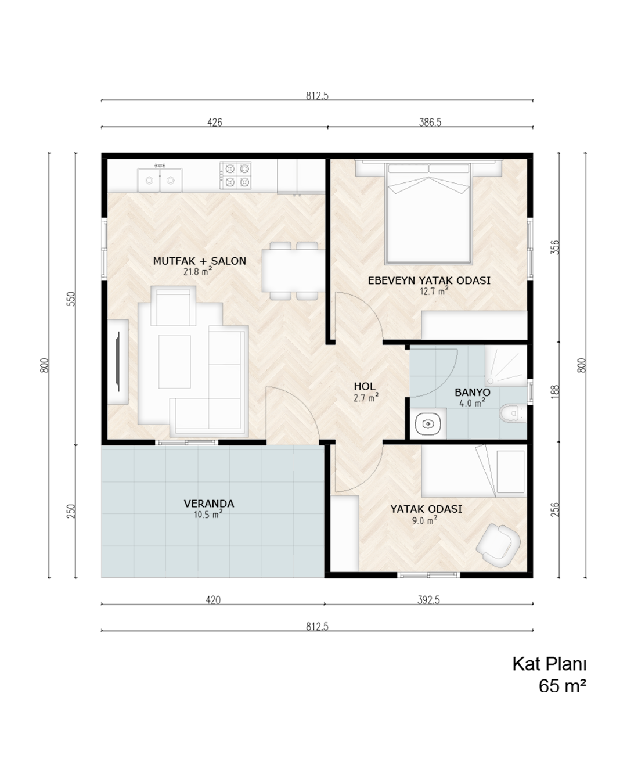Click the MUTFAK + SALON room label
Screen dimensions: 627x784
coord(199,261)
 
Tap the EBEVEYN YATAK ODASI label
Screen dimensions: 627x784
coord(429,280)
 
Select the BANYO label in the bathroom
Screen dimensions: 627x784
coord(472,393)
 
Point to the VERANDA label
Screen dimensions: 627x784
coord(209,504)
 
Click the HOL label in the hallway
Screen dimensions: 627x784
coord(365,386)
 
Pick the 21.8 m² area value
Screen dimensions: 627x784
coord(197,271)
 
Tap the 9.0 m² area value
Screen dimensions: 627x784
coord(424,520)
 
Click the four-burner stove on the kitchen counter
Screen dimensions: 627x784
coord(235,175)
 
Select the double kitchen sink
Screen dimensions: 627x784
coord(160,180)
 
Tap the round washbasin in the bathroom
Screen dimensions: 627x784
coord(428,424)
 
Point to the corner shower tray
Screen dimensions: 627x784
coord(506,366)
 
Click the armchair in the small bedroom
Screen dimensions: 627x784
coord(498,545)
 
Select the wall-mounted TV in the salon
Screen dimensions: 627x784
coord(118,361)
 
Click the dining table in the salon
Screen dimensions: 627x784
coord(293,271)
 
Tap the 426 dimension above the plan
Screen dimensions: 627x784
coord(215,123)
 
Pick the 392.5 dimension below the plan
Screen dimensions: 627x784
coord(428,600)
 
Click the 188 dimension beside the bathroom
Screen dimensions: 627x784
coord(555,391)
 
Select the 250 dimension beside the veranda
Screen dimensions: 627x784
coord(71,511)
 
